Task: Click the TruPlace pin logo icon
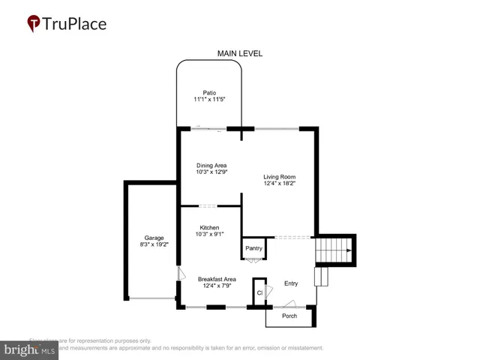click(x=34, y=23)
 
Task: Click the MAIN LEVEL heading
click(x=240, y=54)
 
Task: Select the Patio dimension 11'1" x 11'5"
click(x=209, y=100)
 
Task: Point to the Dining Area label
click(x=211, y=166)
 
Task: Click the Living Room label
click(x=279, y=177)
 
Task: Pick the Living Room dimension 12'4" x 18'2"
click(x=279, y=184)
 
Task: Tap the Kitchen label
click(x=209, y=227)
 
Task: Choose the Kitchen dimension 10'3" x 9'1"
click(x=209, y=234)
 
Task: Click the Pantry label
click(x=253, y=247)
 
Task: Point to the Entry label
click(x=291, y=283)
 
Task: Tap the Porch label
click(x=289, y=316)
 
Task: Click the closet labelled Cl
click(x=259, y=292)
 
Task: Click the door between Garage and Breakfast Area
click(x=178, y=274)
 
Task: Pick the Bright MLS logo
click(x=30, y=349)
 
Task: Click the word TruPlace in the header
click(x=75, y=23)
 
